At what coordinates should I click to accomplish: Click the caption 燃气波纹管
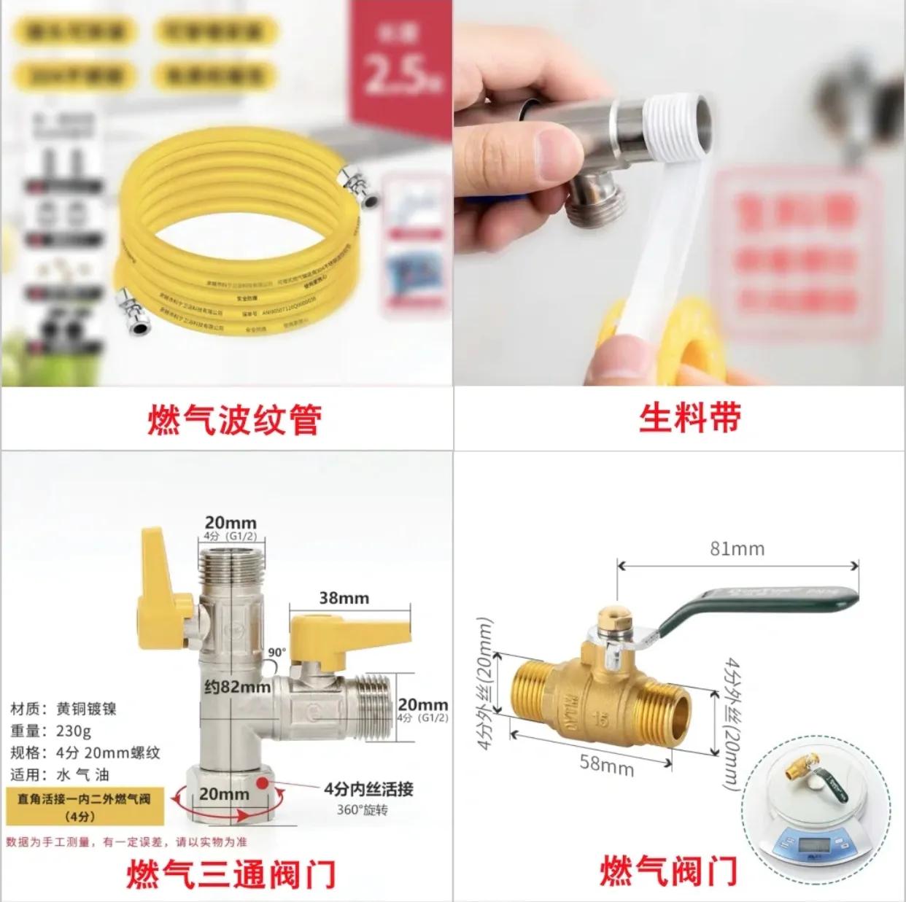pyautogui.click(x=234, y=420)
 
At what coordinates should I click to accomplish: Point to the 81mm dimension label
pyautogui.click(x=737, y=548)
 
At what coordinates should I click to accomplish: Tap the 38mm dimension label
pyautogui.click(x=344, y=598)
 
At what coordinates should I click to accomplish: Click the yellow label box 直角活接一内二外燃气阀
pyautogui.click(x=85, y=806)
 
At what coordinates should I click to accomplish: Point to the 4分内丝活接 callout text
pyautogui.click(x=368, y=788)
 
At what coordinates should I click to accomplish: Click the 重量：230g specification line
pyautogui.click(x=51, y=731)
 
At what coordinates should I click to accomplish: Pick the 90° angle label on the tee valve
pyautogui.click(x=278, y=652)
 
